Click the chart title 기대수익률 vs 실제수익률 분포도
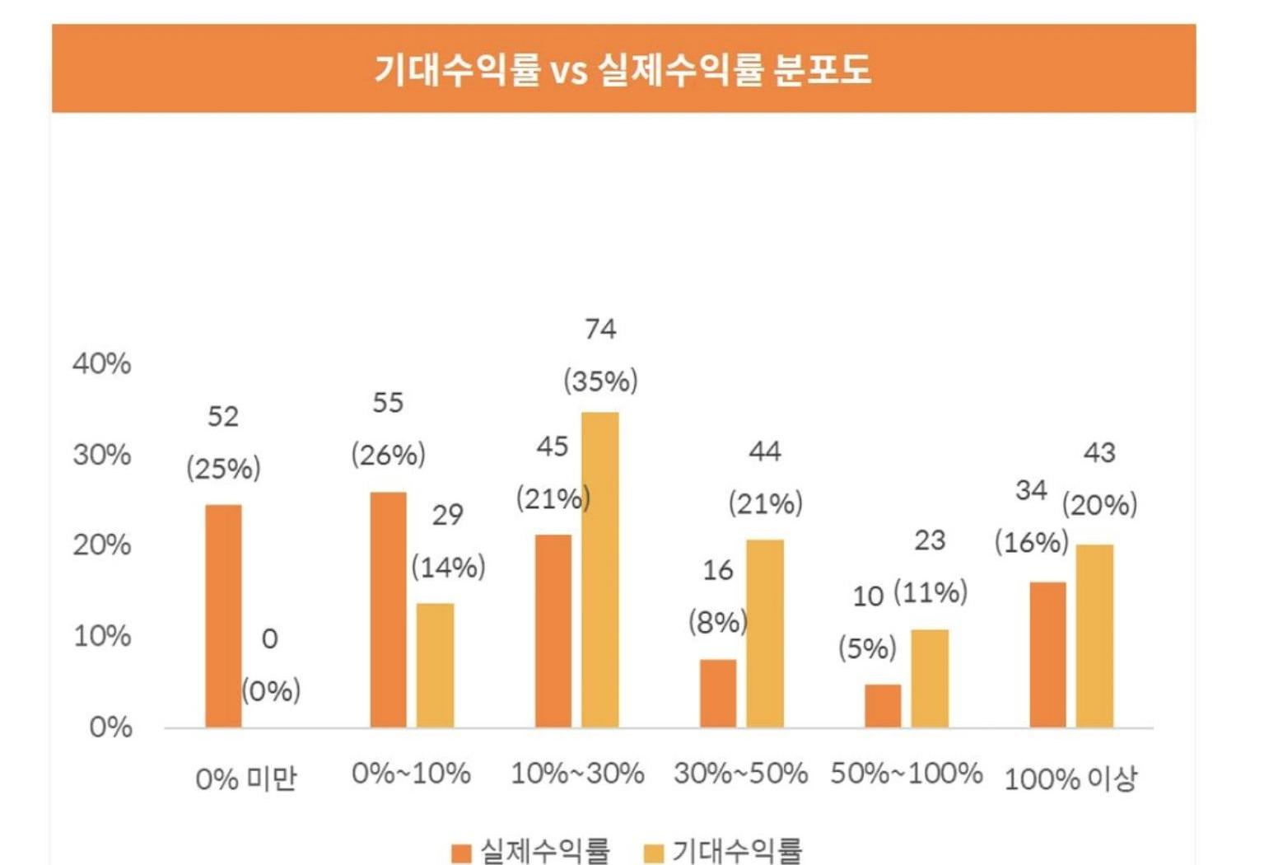[623, 69]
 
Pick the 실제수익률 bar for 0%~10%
[388, 610]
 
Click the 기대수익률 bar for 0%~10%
[435, 666]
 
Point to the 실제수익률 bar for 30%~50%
[718, 694]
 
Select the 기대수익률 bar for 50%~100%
[930, 679]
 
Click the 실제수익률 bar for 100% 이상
[1047, 655]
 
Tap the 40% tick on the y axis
[102, 363]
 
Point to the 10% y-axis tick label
[102, 636]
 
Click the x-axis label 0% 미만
[245, 778]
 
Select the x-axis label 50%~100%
[906, 774]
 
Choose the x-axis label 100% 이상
[1070, 778]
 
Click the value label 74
[600, 330]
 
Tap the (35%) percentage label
[600, 381]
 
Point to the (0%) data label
[271, 690]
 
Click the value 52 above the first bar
[223, 417]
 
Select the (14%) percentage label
[448, 567]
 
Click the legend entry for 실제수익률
[532, 851]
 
